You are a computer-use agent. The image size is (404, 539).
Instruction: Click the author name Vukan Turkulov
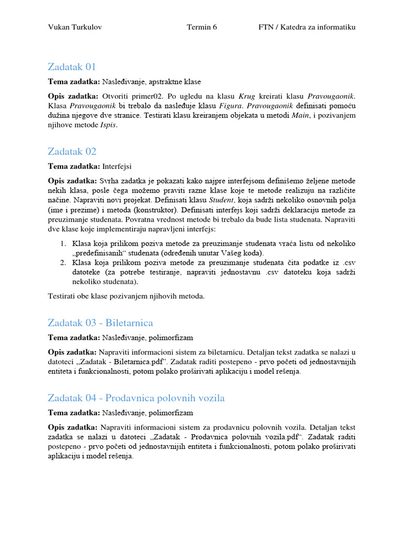click(x=75, y=27)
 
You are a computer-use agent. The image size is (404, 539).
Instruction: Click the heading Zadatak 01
click(x=72, y=67)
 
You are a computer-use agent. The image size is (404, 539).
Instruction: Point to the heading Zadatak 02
click(x=72, y=152)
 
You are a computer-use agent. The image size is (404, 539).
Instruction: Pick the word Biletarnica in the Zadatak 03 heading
click(x=129, y=323)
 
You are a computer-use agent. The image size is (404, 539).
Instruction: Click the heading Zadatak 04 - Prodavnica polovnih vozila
click(x=136, y=398)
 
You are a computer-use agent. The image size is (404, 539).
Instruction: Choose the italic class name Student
click(x=221, y=200)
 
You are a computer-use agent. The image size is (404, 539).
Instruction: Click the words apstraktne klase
click(x=174, y=82)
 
